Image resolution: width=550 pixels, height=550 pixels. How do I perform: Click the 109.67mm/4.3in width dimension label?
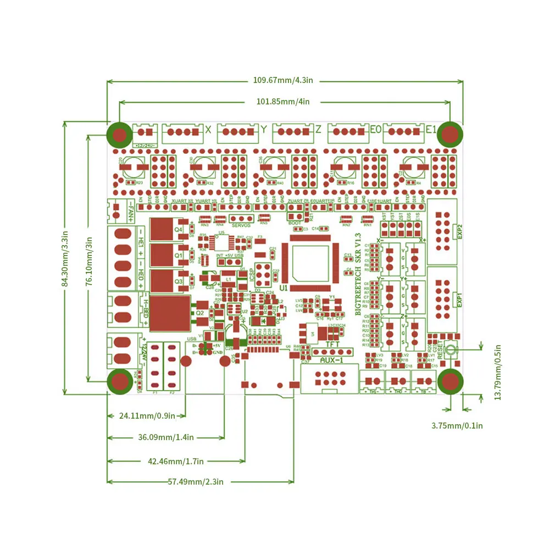point(283,80)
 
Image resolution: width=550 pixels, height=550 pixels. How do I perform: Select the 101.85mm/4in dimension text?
point(283,102)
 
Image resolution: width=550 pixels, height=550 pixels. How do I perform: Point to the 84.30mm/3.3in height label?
point(65,259)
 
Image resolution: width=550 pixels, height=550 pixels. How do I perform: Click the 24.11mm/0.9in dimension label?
point(147,416)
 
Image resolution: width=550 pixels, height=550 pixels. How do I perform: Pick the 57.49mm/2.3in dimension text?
point(196,482)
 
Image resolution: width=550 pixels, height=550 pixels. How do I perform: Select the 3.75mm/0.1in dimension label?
point(457,425)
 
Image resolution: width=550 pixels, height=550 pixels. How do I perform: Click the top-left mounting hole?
point(119,134)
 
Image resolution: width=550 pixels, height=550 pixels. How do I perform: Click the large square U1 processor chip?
point(310,264)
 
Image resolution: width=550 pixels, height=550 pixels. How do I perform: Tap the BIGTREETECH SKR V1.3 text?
point(358,277)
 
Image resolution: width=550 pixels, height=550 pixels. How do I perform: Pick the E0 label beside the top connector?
point(375,130)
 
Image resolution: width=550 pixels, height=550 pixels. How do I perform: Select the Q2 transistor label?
point(200,312)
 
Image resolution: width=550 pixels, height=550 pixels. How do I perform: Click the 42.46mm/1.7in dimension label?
point(176,462)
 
